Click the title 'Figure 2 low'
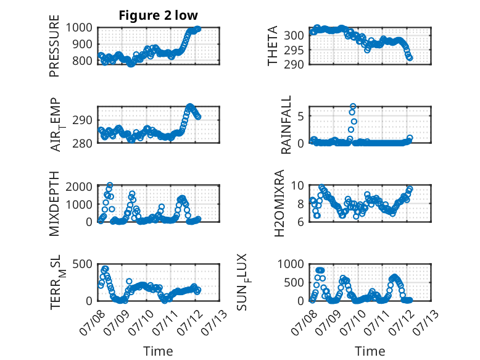click(x=159, y=15)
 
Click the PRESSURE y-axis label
click(x=54, y=46)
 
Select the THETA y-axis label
click(x=272, y=46)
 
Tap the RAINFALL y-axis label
click(x=286, y=125)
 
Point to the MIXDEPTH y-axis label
click(x=54, y=203)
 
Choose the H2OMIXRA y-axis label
click(x=279, y=203)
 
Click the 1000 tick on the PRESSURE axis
click(x=79, y=28)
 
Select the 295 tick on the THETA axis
click(x=294, y=50)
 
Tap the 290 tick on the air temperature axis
click(x=82, y=120)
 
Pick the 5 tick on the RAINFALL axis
click(x=300, y=116)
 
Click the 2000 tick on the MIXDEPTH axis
click(x=79, y=186)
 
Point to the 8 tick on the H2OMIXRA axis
click(x=300, y=204)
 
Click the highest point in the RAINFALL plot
click(x=353, y=107)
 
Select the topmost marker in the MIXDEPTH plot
click(x=110, y=185)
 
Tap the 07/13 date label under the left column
click(x=215, y=322)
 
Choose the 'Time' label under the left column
click(x=159, y=351)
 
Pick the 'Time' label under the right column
click(x=370, y=351)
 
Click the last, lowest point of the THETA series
click(x=410, y=58)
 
